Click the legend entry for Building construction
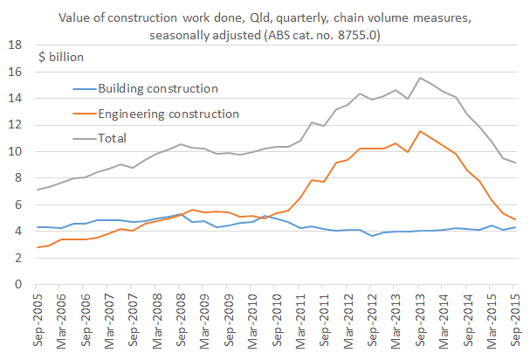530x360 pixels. (x=157, y=88)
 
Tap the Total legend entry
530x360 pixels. (x=113, y=137)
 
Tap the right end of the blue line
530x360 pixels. (x=515, y=227)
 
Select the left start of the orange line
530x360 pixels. (x=38, y=247)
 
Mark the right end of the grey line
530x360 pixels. (x=515, y=163)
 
